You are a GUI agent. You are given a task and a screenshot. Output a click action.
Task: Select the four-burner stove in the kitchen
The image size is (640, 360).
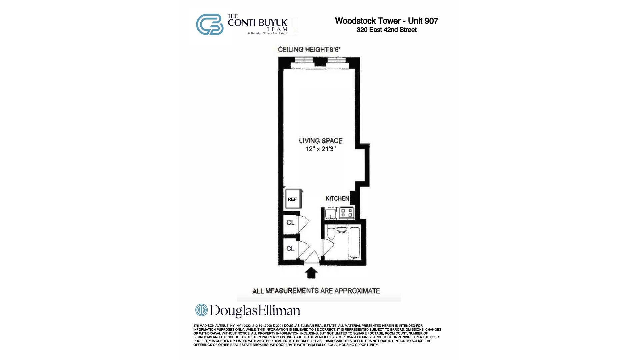[x=347, y=213]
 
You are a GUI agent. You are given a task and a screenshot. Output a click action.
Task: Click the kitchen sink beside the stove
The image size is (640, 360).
[x=331, y=213]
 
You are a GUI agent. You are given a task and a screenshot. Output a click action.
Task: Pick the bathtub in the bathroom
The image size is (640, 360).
[x=354, y=243]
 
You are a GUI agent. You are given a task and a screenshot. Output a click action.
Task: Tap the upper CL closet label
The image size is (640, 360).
[x=290, y=222]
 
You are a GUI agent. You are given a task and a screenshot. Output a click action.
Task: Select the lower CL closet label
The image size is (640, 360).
[x=290, y=249]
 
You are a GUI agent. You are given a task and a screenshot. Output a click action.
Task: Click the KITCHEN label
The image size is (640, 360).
[x=337, y=198]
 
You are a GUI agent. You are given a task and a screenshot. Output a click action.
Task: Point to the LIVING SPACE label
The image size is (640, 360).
[x=321, y=141]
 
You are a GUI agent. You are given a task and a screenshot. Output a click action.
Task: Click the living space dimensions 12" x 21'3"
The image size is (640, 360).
[x=321, y=149]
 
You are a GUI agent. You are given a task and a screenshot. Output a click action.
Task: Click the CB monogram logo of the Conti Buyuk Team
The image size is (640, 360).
[x=210, y=24]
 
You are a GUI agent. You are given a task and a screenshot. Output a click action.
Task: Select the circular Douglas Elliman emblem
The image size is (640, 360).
[x=201, y=310]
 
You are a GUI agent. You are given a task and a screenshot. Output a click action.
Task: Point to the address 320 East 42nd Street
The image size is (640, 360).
[x=386, y=30]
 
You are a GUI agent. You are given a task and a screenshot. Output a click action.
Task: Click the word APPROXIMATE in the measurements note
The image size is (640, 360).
[x=357, y=291]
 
